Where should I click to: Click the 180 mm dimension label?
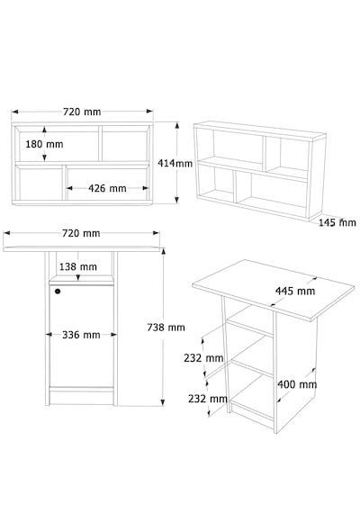click(x=44, y=144)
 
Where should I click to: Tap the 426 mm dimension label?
click(x=107, y=188)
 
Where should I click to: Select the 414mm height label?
click(x=175, y=163)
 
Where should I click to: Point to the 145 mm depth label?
click(x=337, y=222)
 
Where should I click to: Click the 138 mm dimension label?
click(x=78, y=266)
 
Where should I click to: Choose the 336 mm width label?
click(x=81, y=335)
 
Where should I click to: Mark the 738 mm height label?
click(x=166, y=328)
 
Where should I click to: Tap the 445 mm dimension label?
click(x=295, y=291)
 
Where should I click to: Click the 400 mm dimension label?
click(x=297, y=384)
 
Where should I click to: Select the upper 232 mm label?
click(x=203, y=358)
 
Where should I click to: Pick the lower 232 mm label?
click(x=208, y=399)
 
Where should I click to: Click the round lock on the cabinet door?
click(x=58, y=291)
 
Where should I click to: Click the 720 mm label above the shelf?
click(x=82, y=112)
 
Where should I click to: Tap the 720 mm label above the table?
click(x=81, y=233)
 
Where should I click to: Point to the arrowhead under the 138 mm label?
click(x=78, y=277)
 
